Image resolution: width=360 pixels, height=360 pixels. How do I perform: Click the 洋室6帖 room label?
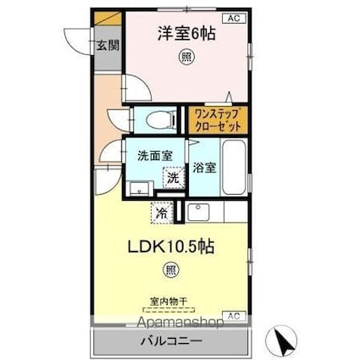pos(185,35)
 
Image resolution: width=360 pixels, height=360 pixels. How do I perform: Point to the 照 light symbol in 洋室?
pos(184,58)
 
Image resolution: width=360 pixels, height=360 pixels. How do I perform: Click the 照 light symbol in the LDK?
pos(172,271)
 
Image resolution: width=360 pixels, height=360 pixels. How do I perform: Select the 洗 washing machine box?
pos(173,178)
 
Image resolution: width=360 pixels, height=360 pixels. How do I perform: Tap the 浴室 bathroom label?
pos(203,167)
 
